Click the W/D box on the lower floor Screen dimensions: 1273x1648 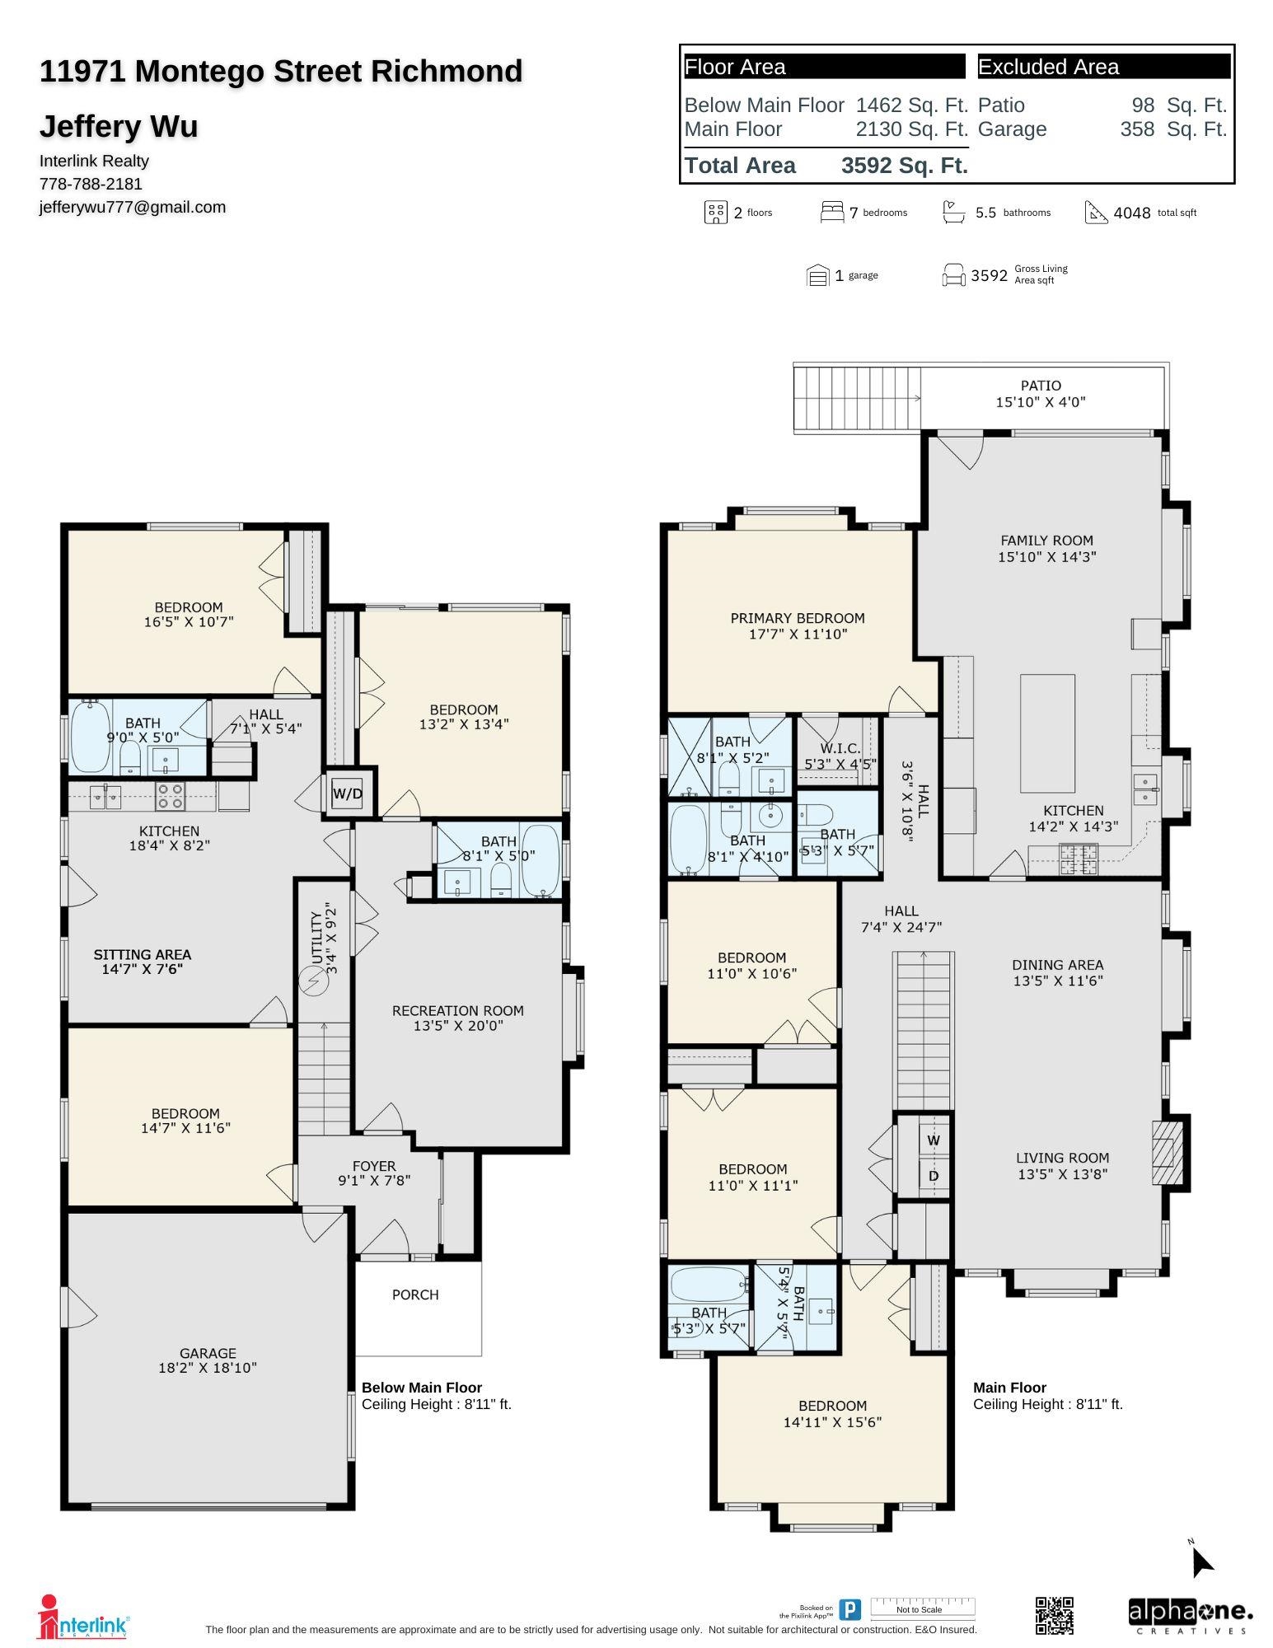(348, 794)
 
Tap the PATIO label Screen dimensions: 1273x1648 (1041, 386)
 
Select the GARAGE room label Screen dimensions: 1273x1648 (208, 1353)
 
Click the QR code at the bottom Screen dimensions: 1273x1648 (1054, 1615)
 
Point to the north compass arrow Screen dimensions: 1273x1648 (1202, 1561)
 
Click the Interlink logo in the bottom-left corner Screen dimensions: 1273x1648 (83, 1618)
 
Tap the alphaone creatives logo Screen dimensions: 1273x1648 (1190, 1616)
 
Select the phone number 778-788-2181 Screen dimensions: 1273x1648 (91, 184)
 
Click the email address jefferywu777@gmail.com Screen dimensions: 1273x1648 (133, 207)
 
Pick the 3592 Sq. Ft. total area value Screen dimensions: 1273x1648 (904, 166)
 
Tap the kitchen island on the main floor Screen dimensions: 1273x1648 (1047, 733)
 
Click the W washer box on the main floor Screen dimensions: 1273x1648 (934, 1140)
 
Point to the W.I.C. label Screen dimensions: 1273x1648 (840, 748)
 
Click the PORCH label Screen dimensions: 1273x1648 (415, 1295)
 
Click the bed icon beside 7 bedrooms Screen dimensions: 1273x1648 (832, 212)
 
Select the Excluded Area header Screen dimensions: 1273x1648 (1104, 67)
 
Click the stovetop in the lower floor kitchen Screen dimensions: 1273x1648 (171, 796)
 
